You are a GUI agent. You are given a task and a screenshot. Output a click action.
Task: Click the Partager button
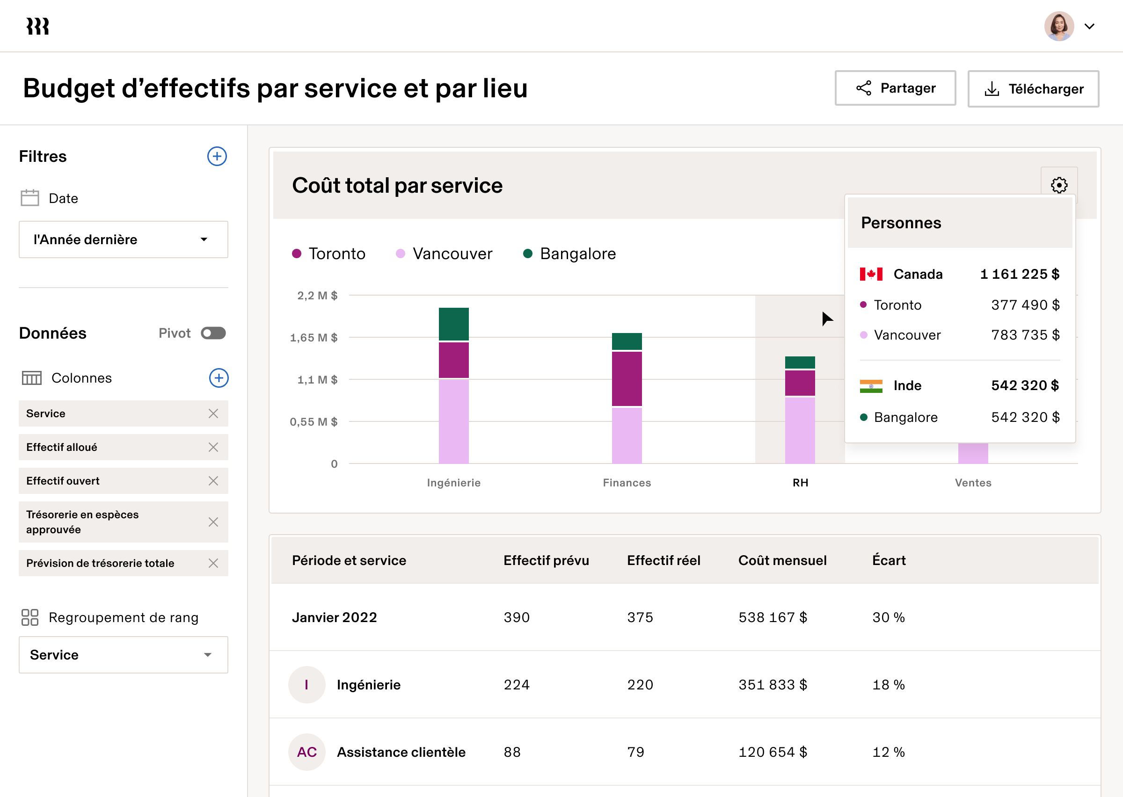pos(895,88)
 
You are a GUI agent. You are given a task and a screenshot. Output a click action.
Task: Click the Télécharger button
pos(1033,89)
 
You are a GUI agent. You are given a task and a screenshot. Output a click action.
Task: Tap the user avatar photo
pos(1059,27)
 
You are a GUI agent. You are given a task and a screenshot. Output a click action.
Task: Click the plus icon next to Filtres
pos(217,157)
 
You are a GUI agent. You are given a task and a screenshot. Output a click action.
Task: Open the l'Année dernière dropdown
pos(123,239)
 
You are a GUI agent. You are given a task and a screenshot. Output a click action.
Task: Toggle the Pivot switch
pos(213,333)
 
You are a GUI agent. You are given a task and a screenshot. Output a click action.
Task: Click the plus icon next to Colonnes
pos(219,378)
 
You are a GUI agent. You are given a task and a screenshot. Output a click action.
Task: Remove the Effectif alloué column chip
pos(213,447)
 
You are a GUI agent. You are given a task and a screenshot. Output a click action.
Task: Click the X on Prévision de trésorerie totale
pos(213,564)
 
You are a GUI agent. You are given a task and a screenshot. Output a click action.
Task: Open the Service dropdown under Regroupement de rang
pos(123,655)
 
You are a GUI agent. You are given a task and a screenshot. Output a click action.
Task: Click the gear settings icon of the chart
pos(1059,185)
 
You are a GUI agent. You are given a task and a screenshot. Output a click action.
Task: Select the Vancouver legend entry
pos(444,254)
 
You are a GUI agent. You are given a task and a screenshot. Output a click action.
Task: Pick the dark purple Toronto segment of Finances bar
pos(627,379)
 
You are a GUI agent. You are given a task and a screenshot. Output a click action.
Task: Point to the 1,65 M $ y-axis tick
pos(314,338)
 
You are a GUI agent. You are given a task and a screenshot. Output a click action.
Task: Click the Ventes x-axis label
pos(973,483)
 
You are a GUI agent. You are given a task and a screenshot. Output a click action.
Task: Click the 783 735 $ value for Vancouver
pos(1025,335)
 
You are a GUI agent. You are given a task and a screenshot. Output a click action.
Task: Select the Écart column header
pos(889,560)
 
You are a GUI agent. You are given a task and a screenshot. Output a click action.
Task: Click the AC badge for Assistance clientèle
pos(307,752)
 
